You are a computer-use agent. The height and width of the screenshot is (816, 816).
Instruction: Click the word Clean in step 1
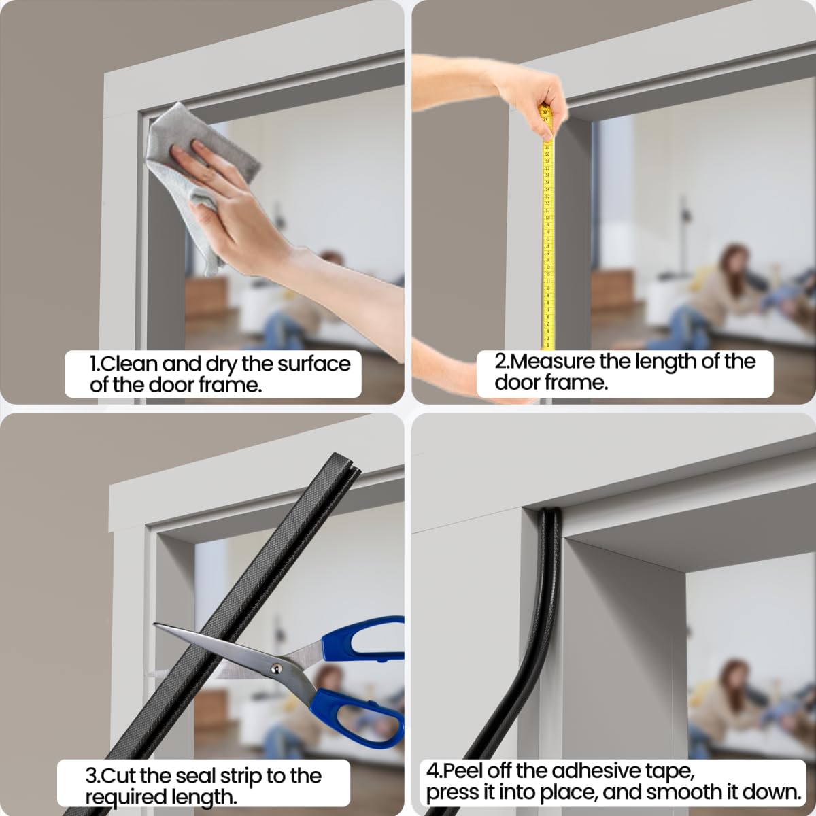pyautogui.click(x=130, y=364)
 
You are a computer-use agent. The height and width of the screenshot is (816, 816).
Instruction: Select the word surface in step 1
pyautogui.click(x=313, y=364)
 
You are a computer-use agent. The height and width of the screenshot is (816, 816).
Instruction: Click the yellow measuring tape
pyautogui.click(x=548, y=238)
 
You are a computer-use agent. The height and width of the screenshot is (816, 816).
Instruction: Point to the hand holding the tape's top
pyautogui.click(x=537, y=95)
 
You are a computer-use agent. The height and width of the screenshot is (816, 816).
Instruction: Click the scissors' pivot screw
pyautogui.click(x=277, y=669)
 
